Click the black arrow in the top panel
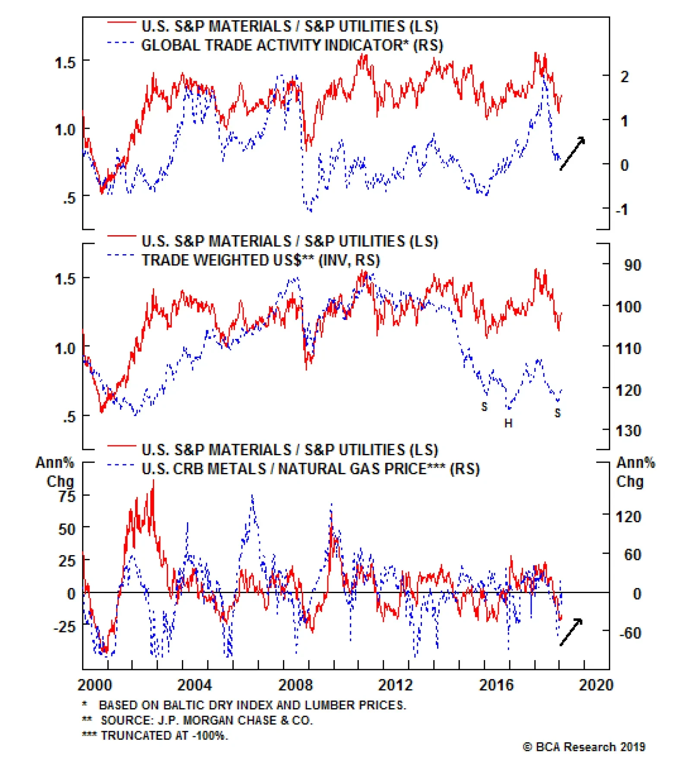click(x=572, y=153)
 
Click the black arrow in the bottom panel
click(x=571, y=632)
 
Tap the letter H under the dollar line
click(x=508, y=423)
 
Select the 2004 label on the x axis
click(x=194, y=685)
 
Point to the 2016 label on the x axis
click(x=496, y=685)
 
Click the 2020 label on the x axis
click(x=596, y=685)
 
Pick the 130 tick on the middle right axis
click(x=628, y=431)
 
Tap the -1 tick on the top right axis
click(x=622, y=210)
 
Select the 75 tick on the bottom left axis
click(x=67, y=496)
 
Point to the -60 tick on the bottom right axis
click(x=630, y=633)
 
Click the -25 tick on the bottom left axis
click(x=64, y=626)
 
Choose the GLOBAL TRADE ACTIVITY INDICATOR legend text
click(x=292, y=45)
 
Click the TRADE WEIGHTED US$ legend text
click(x=260, y=260)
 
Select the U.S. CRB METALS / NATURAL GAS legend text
click(x=311, y=469)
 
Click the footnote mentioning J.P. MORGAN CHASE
click(x=206, y=720)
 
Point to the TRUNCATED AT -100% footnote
click(x=164, y=735)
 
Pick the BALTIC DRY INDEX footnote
click(x=252, y=705)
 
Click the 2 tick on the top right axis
click(x=624, y=77)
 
